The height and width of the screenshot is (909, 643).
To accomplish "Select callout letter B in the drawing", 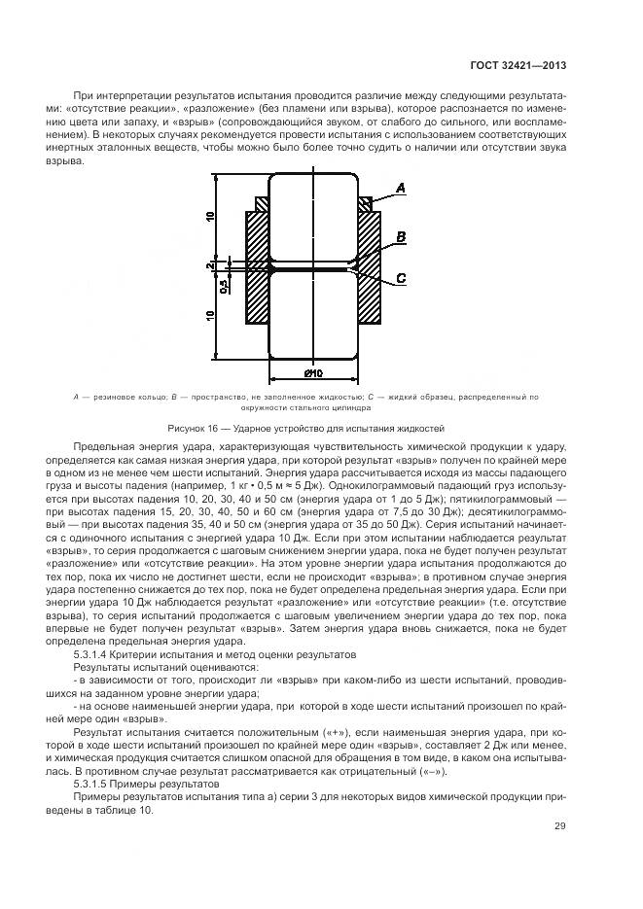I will tap(401, 235).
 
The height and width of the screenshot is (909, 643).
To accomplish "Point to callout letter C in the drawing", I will tap(401, 280).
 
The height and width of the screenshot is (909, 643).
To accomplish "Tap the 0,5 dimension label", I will tap(224, 287).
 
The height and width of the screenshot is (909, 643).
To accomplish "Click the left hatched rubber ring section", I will tap(262, 204).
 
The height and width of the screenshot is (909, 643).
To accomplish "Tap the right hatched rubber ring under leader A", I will tap(365, 204).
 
